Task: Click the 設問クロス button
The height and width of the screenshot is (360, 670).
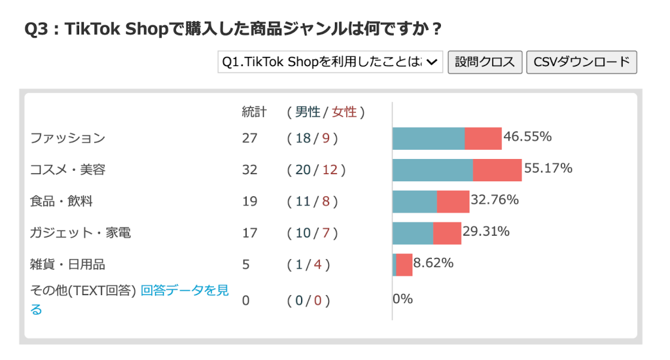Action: click(485, 62)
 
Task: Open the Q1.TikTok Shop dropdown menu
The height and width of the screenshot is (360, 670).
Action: click(330, 62)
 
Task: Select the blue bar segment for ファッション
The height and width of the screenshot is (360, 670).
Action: click(429, 139)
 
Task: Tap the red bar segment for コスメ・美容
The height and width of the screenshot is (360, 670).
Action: click(497, 170)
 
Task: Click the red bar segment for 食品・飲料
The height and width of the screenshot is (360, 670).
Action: click(453, 202)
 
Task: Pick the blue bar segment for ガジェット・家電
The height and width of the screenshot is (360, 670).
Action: click(413, 233)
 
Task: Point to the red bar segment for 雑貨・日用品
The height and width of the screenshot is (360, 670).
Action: click(404, 264)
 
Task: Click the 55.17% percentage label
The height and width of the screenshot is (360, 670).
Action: click(548, 169)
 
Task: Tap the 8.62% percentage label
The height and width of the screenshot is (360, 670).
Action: click(433, 263)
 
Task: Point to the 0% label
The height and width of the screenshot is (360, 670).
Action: click(403, 299)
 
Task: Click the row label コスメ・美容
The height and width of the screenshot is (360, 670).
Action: click(67, 170)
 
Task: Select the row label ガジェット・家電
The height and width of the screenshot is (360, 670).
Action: click(80, 233)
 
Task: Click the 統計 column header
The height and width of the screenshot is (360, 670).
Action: click(254, 112)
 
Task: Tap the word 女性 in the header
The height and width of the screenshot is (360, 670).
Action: click(344, 112)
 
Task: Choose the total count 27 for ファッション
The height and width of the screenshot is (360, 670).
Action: click(250, 139)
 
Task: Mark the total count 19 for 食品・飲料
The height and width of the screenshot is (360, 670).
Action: click(250, 202)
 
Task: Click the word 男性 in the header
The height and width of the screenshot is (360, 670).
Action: click(308, 112)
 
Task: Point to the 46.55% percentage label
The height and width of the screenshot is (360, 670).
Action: click(527, 137)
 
